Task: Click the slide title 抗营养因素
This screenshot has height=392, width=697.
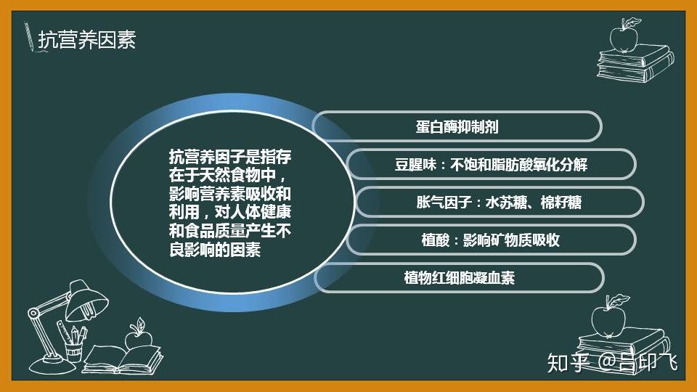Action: pos(86,40)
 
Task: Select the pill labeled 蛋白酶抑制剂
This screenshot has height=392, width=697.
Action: pos(457,126)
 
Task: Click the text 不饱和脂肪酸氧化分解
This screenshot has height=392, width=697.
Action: pos(518,165)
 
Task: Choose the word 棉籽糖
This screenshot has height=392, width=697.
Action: pos(561,203)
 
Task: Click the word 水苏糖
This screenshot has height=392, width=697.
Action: pos(506,203)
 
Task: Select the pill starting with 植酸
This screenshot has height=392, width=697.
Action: pos(491,240)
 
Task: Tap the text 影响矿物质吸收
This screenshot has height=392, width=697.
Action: pos(511,240)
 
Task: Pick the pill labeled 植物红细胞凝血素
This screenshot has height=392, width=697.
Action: pos(459,278)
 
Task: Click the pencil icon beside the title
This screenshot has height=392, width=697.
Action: pos(29,36)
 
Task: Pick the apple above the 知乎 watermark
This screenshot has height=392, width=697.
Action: pos(608,317)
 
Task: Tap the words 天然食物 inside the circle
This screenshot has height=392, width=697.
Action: pos(222,175)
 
